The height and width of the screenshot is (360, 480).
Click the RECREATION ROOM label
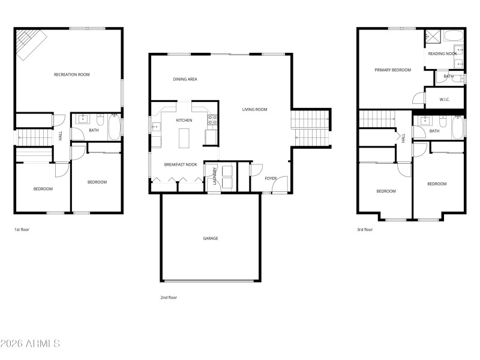[71, 74]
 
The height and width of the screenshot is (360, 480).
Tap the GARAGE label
[210, 238]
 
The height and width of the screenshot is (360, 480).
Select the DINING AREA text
[185, 79]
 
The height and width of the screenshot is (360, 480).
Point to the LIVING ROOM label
[254, 109]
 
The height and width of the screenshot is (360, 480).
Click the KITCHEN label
[184, 121]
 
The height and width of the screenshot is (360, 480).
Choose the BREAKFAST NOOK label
[181, 164]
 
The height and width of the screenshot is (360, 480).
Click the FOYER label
[271, 178]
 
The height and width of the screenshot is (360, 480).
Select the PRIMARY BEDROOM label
[392, 70]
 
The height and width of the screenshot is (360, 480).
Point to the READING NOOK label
[442, 53]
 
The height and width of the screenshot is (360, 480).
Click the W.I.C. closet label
[445, 100]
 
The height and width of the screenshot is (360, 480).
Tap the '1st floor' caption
[22, 229]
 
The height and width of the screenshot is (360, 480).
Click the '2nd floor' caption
[169, 297]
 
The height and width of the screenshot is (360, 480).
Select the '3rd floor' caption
[364, 229]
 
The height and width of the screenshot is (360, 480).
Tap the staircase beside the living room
[311, 128]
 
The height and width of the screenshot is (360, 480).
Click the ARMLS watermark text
[30, 344]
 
